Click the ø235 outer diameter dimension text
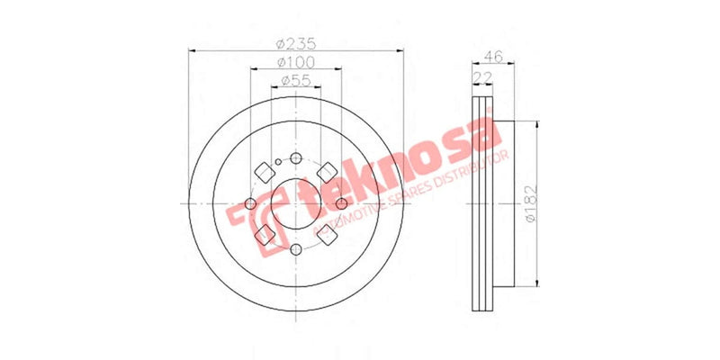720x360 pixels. point(297,42)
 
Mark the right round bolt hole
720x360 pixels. point(341,203)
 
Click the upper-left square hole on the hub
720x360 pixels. point(265,171)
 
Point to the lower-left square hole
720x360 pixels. point(265,235)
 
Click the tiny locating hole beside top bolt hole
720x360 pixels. point(278,162)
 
